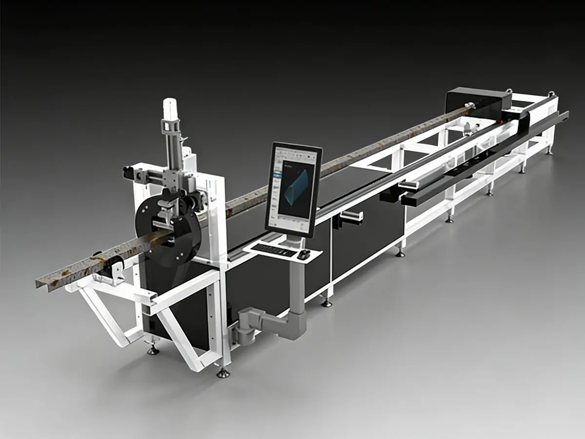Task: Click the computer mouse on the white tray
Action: click(304, 254)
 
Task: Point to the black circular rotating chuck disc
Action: click(161, 229)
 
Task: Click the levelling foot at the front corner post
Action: click(223, 373)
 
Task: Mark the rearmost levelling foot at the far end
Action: click(549, 151)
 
